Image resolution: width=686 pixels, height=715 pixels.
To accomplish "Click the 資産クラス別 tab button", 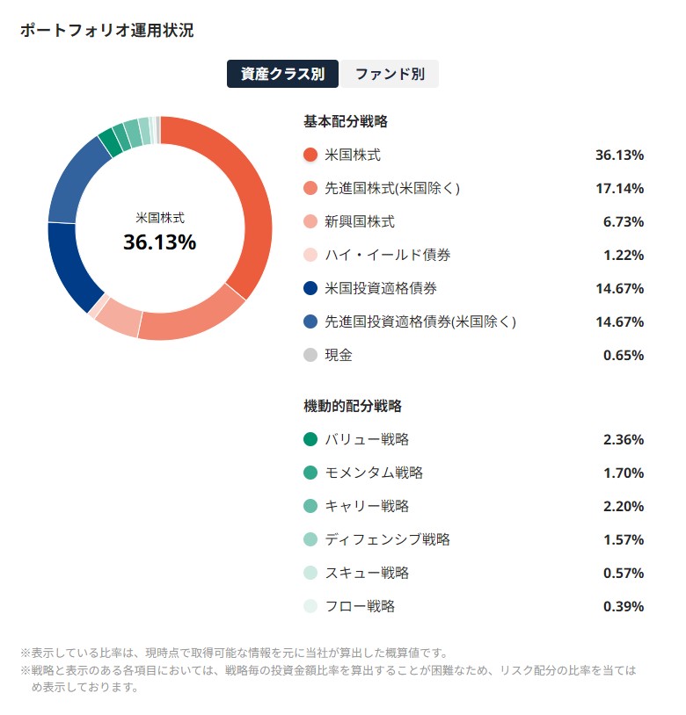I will tap(282, 75).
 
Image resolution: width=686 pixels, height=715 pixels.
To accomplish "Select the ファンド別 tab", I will tap(389, 75).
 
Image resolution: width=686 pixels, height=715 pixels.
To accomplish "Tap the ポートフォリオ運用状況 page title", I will tap(106, 31).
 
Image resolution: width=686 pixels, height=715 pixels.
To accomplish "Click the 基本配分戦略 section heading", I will tap(346, 121).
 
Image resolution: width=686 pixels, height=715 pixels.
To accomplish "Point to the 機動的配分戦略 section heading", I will tap(353, 406).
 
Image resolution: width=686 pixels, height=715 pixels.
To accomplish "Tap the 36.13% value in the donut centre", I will tap(159, 242).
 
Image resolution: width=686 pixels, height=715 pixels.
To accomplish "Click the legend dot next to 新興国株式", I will tap(310, 221).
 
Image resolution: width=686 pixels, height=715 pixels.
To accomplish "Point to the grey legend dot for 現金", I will tap(310, 355).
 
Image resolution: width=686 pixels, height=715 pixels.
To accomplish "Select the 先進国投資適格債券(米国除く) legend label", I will tap(420, 321).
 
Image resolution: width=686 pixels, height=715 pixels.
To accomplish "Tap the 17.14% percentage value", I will tap(619, 188).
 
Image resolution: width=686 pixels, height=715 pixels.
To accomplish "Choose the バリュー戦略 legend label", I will tap(367, 439).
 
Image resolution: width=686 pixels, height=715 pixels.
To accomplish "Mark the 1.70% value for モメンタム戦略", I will tap(623, 473).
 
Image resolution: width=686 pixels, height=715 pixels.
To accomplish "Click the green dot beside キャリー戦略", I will tap(310, 506).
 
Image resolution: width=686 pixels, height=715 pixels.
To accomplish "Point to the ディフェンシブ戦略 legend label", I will tap(388, 539).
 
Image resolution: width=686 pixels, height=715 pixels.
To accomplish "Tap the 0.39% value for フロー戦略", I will tap(623, 606).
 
